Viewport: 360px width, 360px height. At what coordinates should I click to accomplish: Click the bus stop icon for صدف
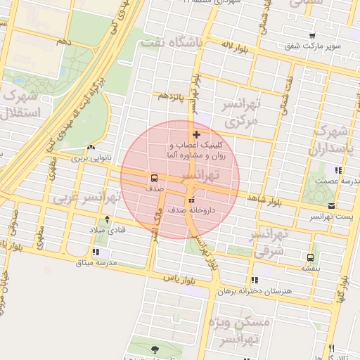click(x=154, y=178)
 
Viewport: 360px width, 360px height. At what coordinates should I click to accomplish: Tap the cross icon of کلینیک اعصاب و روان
click(x=196, y=134)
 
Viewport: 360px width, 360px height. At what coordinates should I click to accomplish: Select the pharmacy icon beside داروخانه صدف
click(x=192, y=202)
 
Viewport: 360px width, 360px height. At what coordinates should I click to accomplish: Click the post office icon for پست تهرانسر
click(x=332, y=206)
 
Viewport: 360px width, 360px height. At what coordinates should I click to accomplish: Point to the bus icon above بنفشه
click(x=311, y=257)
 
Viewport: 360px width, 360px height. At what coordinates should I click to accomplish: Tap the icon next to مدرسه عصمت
click(x=338, y=169)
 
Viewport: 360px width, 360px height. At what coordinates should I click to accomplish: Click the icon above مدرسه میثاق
click(x=96, y=252)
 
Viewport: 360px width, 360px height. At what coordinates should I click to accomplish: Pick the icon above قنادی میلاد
click(x=107, y=219)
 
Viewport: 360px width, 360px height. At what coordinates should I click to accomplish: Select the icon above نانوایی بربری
click(x=91, y=148)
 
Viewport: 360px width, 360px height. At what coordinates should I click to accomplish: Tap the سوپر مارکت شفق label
click(x=313, y=46)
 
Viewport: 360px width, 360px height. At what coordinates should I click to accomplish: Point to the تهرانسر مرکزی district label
click(x=240, y=112)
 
